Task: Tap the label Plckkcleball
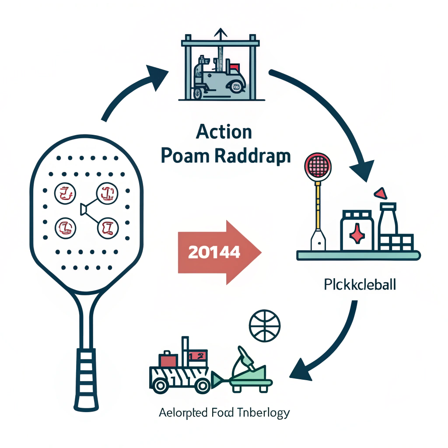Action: coord(360,286)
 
